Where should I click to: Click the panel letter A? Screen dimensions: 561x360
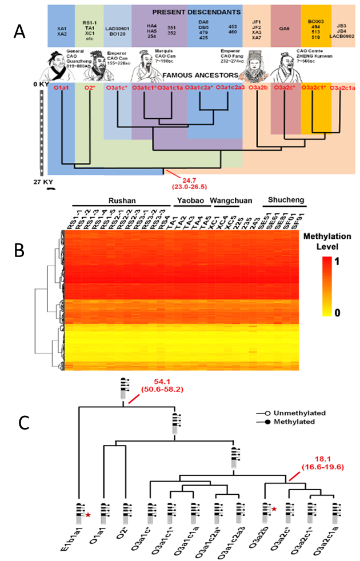[19, 33]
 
